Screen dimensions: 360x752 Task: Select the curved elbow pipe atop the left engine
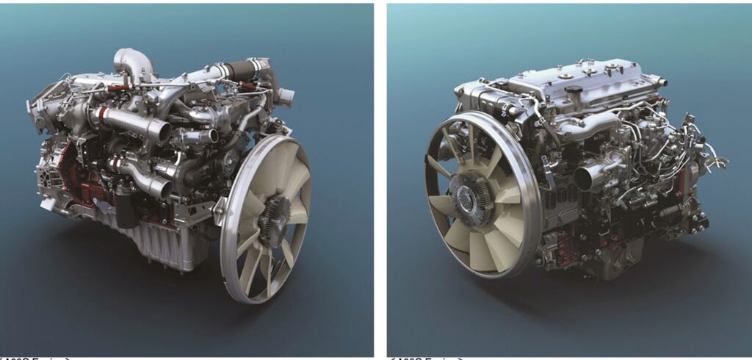130,61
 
